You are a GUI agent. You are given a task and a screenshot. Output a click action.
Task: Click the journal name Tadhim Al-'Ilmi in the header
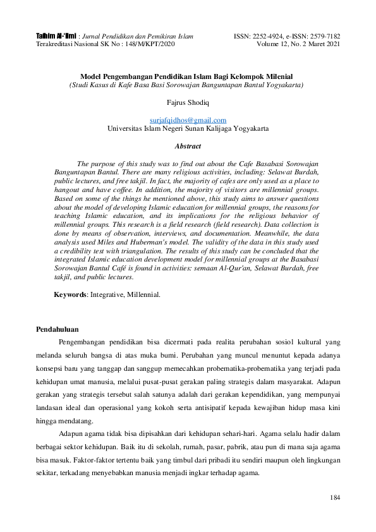pyautogui.click(x=56, y=37)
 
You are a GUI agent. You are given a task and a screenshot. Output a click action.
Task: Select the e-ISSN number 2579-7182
pyautogui.click(x=323, y=37)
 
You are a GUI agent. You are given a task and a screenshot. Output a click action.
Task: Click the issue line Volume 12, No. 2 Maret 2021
pyautogui.click(x=298, y=45)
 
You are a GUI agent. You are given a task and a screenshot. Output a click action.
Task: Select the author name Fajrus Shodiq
pyautogui.click(x=187, y=101)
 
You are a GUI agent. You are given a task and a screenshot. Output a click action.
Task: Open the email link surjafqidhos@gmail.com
pyautogui.click(x=188, y=119)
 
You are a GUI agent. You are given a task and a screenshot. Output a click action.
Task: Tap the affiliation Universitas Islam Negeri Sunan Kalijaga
pyautogui.click(x=188, y=128)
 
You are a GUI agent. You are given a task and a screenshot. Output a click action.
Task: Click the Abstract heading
pyautogui.click(x=187, y=145)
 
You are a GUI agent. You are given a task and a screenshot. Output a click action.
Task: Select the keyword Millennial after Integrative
pyautogui.click(x=145, y=294)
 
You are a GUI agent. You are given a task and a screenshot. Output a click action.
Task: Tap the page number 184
pyautogui.click(x=335, y=498)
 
